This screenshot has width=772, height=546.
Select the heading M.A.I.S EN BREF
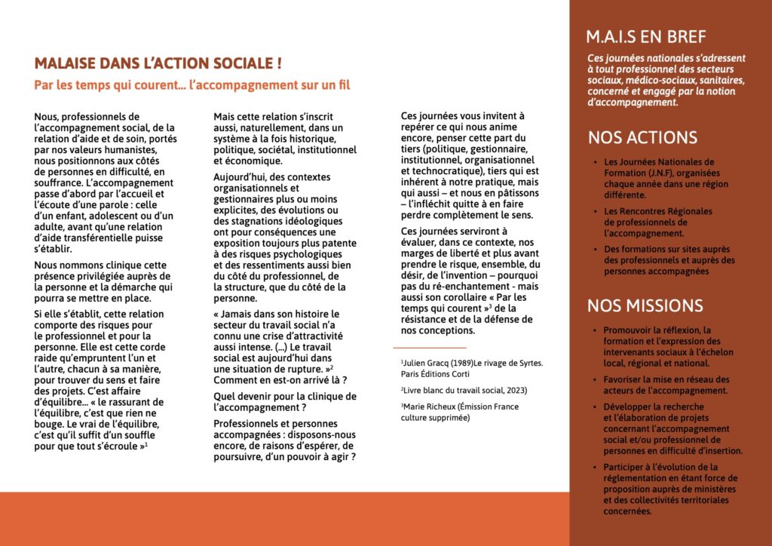point(646,38)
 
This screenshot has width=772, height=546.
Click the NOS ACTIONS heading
point(642,138)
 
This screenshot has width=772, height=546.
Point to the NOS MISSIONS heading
point(645,306)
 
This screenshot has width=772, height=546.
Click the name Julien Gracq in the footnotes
point(429,363)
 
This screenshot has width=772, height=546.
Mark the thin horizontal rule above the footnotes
point(430,347)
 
